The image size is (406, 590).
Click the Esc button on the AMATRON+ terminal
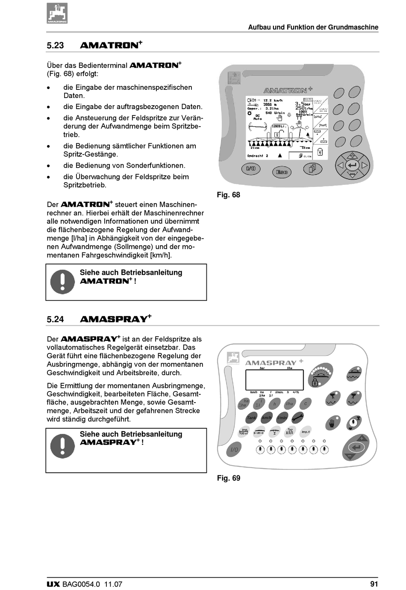pyautogui.click(x=282, y=172)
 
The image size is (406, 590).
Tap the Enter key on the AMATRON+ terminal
pyautogui.click(x=352, y=165)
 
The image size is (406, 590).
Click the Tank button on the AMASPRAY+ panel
pyautogui.click(x=251, y=418)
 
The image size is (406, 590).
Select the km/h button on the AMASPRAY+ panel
pyautogui.click(x=267, y=418)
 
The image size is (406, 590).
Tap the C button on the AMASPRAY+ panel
pyautogui.click(x=306, y=403)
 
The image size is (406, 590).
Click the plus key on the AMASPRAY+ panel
pyautogui.click(x=362, y=439)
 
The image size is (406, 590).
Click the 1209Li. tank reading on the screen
pyautogui.click(x=279, y=126)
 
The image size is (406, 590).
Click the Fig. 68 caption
pyautogui.click(x=228, y=195)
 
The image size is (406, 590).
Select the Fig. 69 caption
pyautogui.click(x=228, y=478)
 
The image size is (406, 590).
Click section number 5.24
pyautogui.click(x=55, y=319)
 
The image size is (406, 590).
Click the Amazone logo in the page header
pyautogui.click(x=57, y=13)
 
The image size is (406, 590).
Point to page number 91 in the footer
pyautogui.click(x=374, y=584)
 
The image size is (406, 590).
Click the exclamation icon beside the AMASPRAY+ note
pyautogui.click(x=62, y=446)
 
